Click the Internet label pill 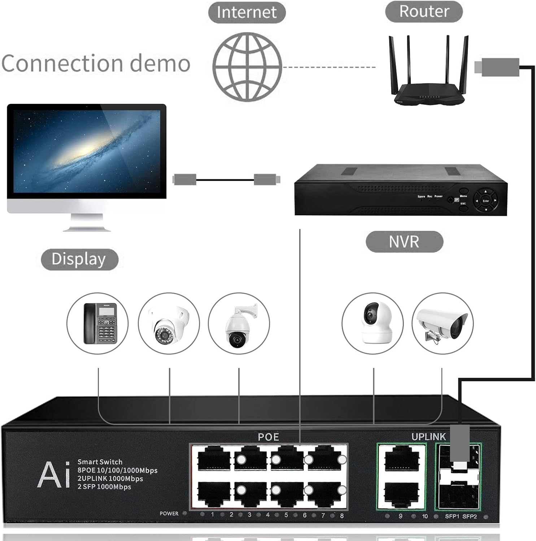tap(247, 12)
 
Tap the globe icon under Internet tap(247, 67)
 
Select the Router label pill tap(424, 11)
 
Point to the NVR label tap(404, 241)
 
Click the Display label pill tap(79, 259)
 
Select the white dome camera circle tap(169, 323)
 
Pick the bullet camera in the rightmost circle tap(443, 323)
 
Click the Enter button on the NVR tap(486, 201)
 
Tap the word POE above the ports tap(268, 437)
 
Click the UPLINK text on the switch tap(428, 437)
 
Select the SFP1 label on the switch tap(452, 516)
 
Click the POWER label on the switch tap(169, 514)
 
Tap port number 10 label tap(425, 516)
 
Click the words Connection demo tap(96, 63)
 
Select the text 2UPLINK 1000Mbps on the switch tap(110, 479)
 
